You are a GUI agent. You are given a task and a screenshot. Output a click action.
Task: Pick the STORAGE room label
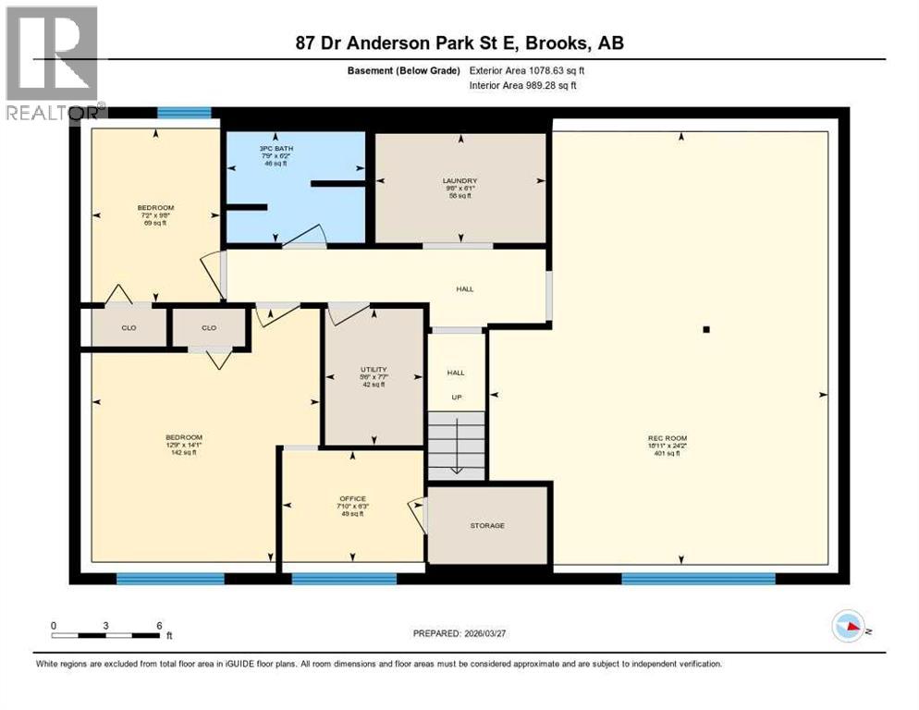pyautogui.click(x=487, y=526)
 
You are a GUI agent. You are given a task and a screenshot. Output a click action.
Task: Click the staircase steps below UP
pyautogui.click(x=457, y=445)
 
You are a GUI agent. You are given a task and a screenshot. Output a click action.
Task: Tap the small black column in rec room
pyautogui.click(x=706, y=328)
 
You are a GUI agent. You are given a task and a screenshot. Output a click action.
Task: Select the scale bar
pyautogui.click(x=107, y=635)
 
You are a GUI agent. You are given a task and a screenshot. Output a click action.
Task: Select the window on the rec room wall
pyautogui.click(x=698, y=579)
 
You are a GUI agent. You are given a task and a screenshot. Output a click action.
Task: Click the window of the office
pyautogui.click(x=344, y=579)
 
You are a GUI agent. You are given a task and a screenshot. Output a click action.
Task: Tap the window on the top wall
pyautogui.click(x=184, y=113)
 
